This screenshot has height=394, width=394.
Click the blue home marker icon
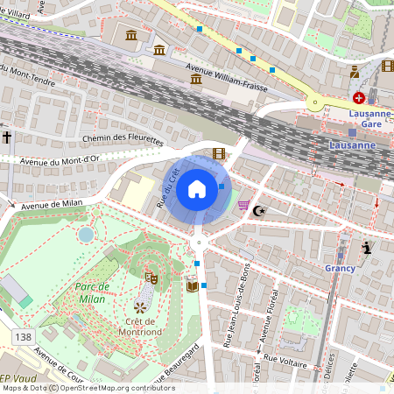pos(197,188)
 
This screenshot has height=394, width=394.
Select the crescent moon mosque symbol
pos(257,210)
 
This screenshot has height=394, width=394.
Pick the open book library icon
pos(192,285)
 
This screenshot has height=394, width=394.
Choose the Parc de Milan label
pos(92,292)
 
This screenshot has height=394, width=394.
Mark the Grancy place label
pos(339,269)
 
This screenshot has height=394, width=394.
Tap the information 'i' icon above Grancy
pos(367,249)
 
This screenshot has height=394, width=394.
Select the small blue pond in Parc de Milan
pos(86,234)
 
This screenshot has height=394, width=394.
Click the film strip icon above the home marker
pos(218,153)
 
